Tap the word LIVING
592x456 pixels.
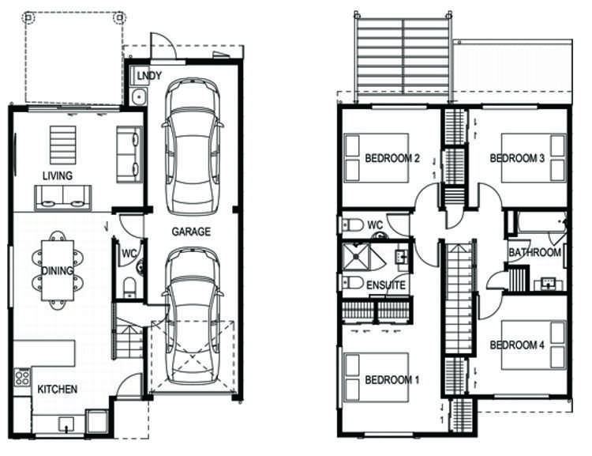(58, 175)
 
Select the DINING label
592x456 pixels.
(58, 271)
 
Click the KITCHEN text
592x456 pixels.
(58, 389)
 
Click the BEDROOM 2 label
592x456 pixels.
(392, 158)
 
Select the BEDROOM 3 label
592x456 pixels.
(518, 158)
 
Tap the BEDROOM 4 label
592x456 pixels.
(518, 345)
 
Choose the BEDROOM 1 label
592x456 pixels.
(392, 380)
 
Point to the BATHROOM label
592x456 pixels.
(534, 253)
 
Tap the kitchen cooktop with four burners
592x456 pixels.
(22, 377)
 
